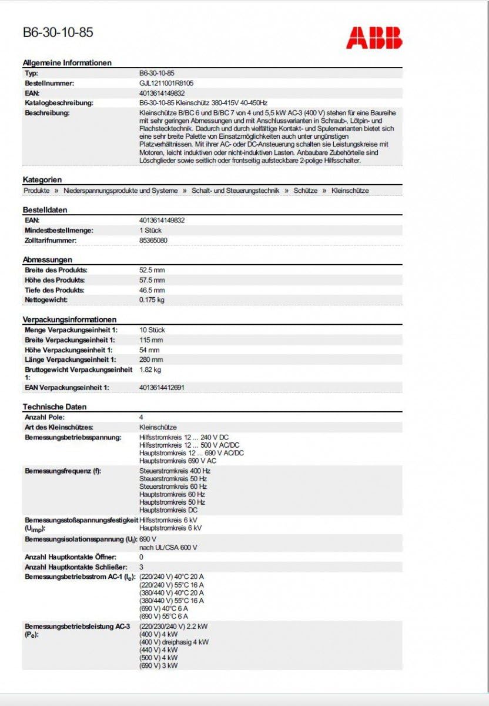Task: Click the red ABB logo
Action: [x=374, y=37]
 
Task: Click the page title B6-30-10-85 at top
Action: [x=58, y=33]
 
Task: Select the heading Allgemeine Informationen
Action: [x=67, y=63]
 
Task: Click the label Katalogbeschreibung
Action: [x=59, y=103]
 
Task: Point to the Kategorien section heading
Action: [x=42, y=179]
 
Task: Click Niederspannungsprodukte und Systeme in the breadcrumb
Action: [x=120, y=191]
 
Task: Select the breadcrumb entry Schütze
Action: [x=305, y=191]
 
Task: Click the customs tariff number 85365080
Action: [x=153, y=240]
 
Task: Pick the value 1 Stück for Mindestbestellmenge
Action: [x=150, y=230]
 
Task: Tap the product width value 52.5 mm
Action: [x=152, y=270]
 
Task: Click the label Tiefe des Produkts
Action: [x=54, y=290]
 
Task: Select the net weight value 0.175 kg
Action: [x=152, y=300]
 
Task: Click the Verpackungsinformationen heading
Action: [x=70, y=319]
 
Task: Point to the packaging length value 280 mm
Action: [x=151, y=359]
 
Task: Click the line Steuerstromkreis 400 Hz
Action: [x=175, y=471]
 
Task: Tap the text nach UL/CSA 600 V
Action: [x=168, y=547]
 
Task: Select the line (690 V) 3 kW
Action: [x=158, y=665]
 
